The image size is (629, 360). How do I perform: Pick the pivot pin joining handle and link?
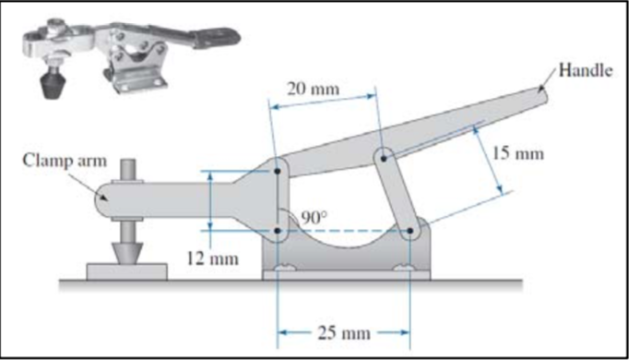(x=380, y=157)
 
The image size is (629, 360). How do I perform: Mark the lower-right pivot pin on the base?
(x=408, y=231)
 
